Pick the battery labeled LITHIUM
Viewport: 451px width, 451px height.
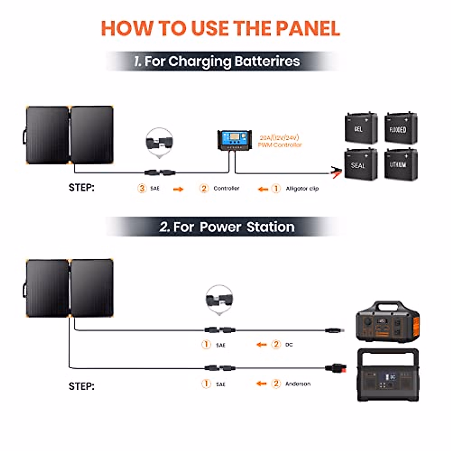coord(401,165)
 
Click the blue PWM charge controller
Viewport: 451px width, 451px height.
coord(234,140)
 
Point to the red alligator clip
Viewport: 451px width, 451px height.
coord(336,173)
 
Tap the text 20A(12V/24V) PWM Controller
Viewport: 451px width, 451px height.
coord(280,141)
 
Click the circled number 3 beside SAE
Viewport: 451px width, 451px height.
coord(142,188)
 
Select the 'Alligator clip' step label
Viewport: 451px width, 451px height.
coord(302,188)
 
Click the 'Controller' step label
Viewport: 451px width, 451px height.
coord(226,188)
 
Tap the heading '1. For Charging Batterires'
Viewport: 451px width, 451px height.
coord(217,61)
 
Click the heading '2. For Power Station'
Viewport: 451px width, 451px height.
coord(227,227)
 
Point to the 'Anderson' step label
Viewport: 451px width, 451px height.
coord(298,384)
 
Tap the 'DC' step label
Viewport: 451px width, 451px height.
coord(289,345)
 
